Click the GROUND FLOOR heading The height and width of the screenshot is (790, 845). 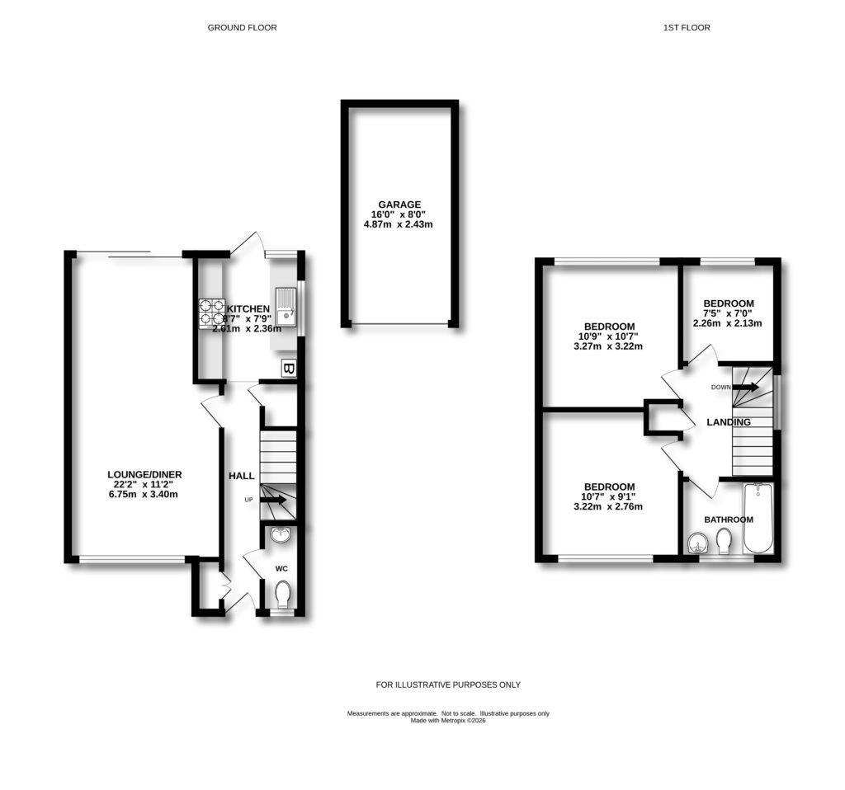pyautogui.click(x=242, y=27)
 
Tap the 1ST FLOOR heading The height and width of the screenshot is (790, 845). pyautogui.click(x=687, y=27)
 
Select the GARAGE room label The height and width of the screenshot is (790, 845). pyautogui.click(x=400, y=205)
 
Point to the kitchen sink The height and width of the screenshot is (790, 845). pyautogui.click(x=286, y=305)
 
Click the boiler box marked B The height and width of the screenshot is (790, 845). pyautogui.click(x=288, y=369)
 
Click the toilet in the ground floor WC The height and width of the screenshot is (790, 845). pyautogui.click(x=283, y=593)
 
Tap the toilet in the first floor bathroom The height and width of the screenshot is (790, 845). pyautogui.click(x=724, y=542)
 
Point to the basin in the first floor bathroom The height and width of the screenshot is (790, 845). pyautogui.click(x=696, y=543)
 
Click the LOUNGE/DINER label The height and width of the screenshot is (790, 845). pyautogui.click(x=144, y=474)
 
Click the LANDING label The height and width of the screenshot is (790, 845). pyautogui.click(x=729, y=422)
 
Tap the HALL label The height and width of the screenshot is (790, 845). pyautogui.click(x=242, y=476)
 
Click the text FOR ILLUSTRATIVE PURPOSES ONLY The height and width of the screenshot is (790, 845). pyautogui.click(x=448, y=684)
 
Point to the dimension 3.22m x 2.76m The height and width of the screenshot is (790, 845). pyautogui.click(x=609, y=506)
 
